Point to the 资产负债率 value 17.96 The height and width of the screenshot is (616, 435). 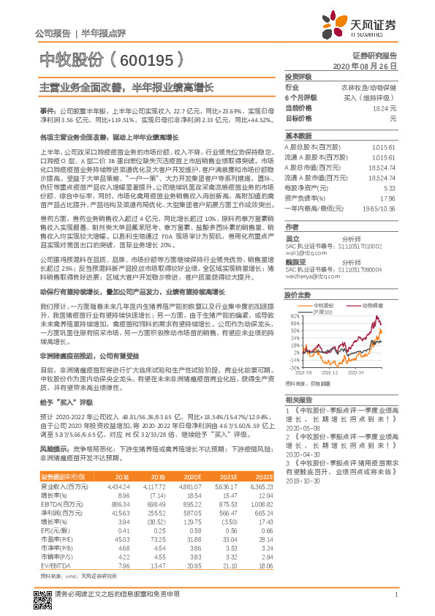[x=387, y=198]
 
